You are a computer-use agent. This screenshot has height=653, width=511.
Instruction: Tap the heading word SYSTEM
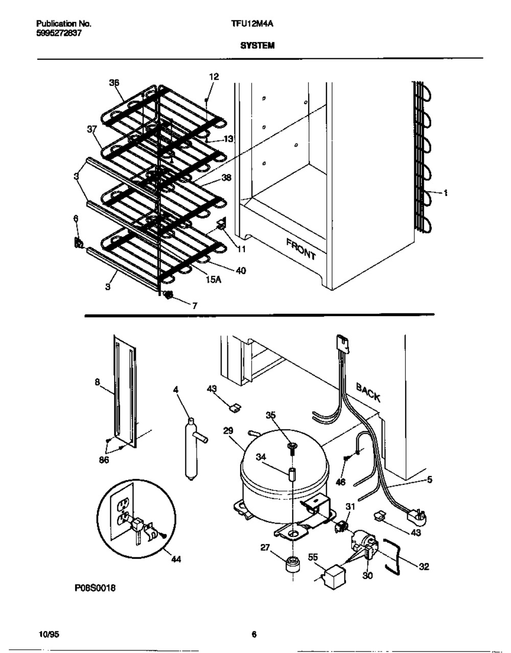(257, 46)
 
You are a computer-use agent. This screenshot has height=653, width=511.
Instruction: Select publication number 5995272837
(59, 33)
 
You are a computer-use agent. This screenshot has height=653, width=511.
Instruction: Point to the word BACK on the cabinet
(368, 392)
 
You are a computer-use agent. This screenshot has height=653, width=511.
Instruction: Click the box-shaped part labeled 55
(333, 577)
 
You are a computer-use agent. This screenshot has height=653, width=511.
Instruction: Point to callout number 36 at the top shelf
(114, 82)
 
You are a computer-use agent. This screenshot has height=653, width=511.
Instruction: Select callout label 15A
(213, 280)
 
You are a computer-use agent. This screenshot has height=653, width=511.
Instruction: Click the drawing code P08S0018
(95, 596)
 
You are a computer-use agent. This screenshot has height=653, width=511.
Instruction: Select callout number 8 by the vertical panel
(97, 383)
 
